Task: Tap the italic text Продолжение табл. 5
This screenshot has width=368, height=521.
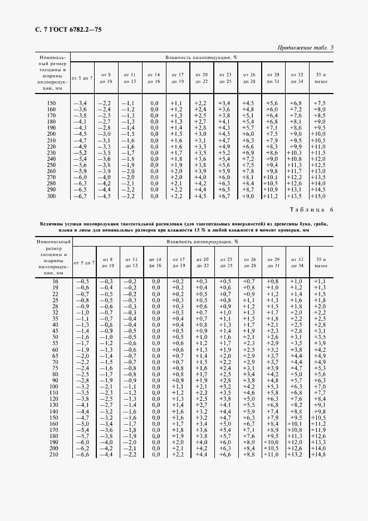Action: [x=305, y=48]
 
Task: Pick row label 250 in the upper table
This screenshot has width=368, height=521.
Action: [x=51, y=165]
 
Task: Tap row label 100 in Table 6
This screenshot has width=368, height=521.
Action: [x=53, y=386]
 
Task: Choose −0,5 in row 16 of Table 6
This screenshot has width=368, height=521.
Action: [x=81, y=282]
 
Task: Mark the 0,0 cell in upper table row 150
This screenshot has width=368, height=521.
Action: [x=154, y=104]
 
